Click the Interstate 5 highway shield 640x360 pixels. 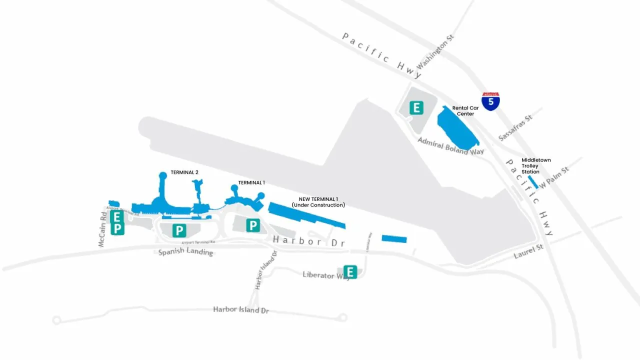coord(490,101)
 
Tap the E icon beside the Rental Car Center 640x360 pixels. coord(416,107)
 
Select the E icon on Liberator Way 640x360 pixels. coord(350,272)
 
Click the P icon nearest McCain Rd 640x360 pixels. coord(117,228)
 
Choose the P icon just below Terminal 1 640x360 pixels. coord(253,225)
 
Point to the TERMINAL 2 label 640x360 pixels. coord(184,172)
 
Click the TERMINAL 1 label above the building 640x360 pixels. coord(251,182)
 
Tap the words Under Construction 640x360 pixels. coord(318,205)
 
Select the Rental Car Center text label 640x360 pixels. coord(465,110)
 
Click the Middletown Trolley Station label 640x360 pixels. coord(536,166)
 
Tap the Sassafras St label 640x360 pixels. coord(515,127)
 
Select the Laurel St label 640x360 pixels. coord(528,251)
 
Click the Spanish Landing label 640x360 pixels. coord(185,252)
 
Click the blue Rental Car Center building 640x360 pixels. coord(456,129)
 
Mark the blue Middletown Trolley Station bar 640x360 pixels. coord(533,181)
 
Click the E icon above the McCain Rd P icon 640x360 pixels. coord(117,217)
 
